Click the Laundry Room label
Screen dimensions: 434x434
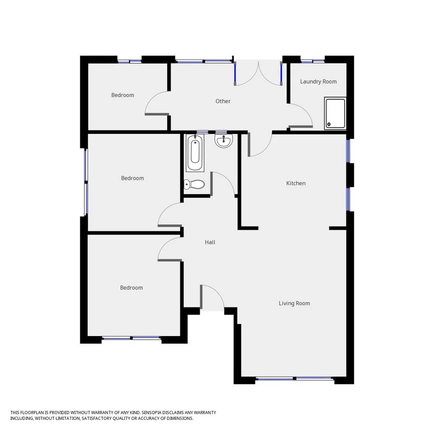coord(318,81)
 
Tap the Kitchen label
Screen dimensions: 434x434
coord(296,183)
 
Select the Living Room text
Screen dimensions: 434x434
coord(294,303)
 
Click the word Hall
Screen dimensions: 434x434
coord(210,242)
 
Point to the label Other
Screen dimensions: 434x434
coord(223,101)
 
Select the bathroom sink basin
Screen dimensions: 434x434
coord(223,141)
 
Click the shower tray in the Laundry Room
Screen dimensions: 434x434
coord(335,113)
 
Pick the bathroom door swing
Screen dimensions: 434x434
coord(223,183)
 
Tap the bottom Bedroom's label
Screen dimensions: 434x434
coord(131,288)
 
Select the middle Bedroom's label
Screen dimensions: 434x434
coord(132,178)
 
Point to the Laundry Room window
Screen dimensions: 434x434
coord(312,61)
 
